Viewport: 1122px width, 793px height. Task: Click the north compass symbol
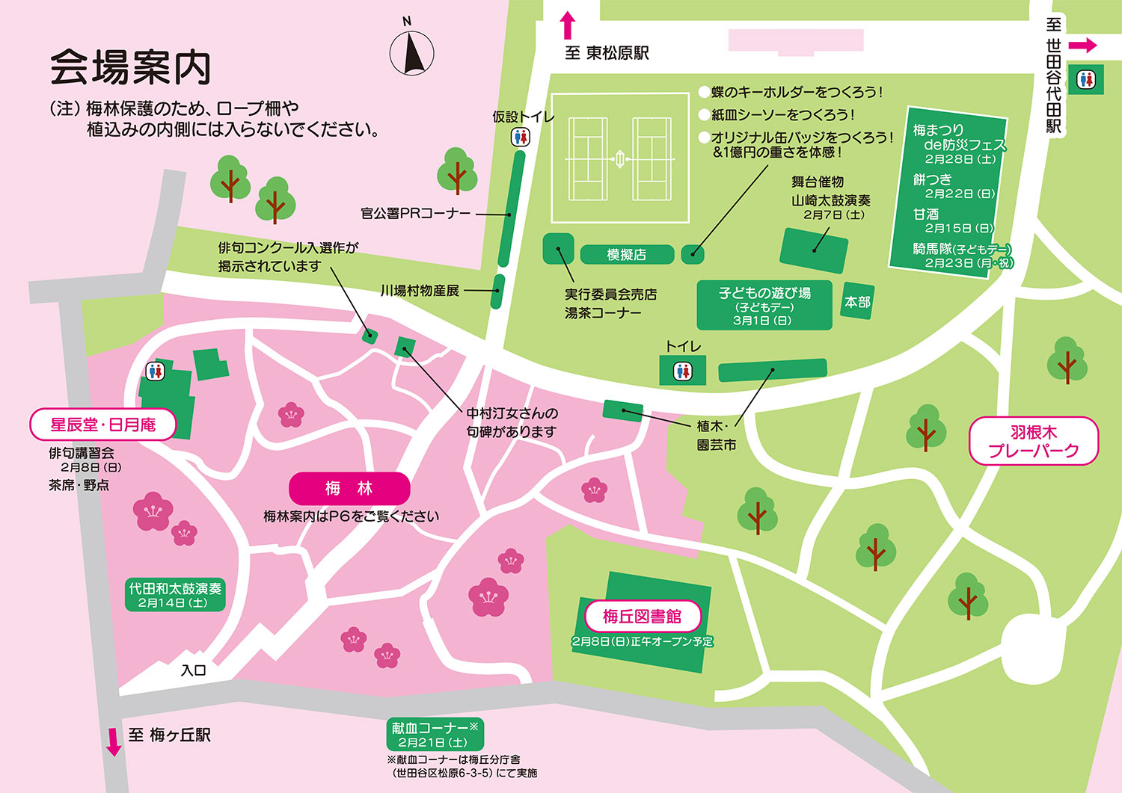pos(411,52)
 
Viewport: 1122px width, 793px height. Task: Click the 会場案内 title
pos(131,69)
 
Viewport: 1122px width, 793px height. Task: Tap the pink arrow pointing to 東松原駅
pos(568,25)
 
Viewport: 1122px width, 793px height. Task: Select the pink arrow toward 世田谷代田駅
pos(1082,46)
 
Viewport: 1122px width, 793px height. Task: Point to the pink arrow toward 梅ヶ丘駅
pos(114,741)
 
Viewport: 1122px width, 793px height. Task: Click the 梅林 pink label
pos(349,489)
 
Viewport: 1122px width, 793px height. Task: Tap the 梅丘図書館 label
pos(642,617)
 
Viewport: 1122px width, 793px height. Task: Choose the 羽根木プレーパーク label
pos(1034,441)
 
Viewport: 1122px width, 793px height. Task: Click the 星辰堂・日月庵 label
pos(103,425)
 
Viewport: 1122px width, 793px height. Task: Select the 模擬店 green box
pos(626,255)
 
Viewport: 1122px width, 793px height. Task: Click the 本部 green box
pos(857,301)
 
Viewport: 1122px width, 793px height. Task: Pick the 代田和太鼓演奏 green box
pos(175,595)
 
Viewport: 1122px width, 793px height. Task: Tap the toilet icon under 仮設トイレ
pos(521,137)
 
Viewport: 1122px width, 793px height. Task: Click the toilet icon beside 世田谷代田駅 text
pos(1086,79)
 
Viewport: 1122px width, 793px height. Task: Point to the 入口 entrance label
pos(193,670)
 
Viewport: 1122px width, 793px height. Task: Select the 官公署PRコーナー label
pos(416,214)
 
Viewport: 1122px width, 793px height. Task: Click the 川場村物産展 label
pos(420,291)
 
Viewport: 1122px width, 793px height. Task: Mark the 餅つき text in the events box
pos(933,179)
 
